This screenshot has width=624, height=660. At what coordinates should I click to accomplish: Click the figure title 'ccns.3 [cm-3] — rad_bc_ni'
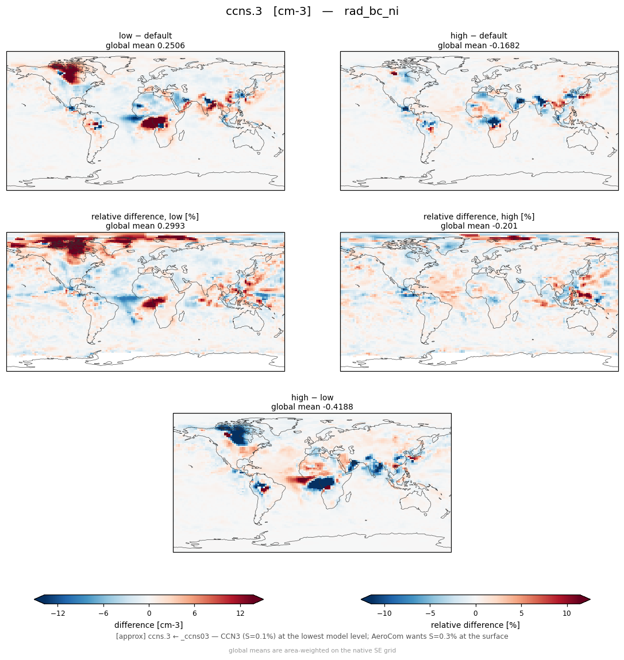pyautogui.click(x=312, y=11)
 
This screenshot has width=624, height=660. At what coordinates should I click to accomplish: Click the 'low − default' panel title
pyautogui.click(x=145, y=36)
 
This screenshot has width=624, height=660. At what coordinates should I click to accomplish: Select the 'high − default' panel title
pyautogui.click(x=479, y=36)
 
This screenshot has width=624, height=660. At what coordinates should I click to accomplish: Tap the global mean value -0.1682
pyautogui.click(x=500, y=45)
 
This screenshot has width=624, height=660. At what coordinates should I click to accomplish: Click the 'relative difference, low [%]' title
pyautogui.click(x=145, y=217)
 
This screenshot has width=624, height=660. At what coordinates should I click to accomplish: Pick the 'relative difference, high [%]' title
pyautogui.click(x=479, y=217)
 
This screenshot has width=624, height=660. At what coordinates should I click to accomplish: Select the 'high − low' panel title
pyautogui.click(x=312, y=397)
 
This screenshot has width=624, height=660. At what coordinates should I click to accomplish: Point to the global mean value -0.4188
pyautogui.click(x=333, y=407)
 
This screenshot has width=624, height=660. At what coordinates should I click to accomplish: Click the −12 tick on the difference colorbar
pyautogui.click(x=57, y=613)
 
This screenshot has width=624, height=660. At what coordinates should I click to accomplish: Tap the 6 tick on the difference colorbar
pyautogui.click(x=195, y=613)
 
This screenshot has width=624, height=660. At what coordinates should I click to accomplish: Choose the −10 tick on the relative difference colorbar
pyautogui.click(x=384, y=613)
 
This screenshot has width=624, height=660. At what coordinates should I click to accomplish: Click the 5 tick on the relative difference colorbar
pyautogui.click(x=521, y=613)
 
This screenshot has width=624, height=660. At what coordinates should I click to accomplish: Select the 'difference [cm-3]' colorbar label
pyautogui.click(x=149, y=625)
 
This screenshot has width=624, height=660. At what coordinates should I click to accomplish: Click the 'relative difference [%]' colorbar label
pyautogui.click(x=475, y=625)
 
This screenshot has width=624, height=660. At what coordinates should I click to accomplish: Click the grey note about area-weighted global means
pyautogui.click(x=312, y=651)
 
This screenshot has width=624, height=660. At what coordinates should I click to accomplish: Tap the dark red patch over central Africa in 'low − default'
pyautogui.click(x=155, y=123)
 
